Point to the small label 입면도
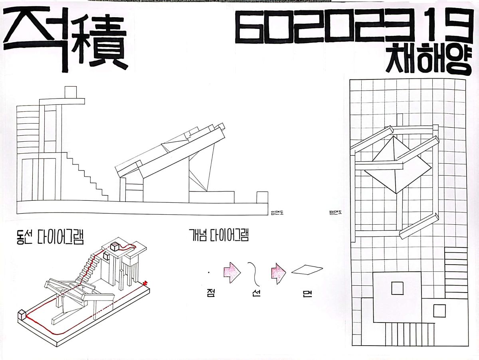(277, 212)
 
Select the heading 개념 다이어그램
(219, 235)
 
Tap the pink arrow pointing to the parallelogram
(278, 272)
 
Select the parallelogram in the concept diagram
(307, 270)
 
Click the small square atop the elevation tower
(71, 91)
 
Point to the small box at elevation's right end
(262, 197)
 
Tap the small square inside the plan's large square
(397, 288)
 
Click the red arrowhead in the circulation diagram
(145, 283)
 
